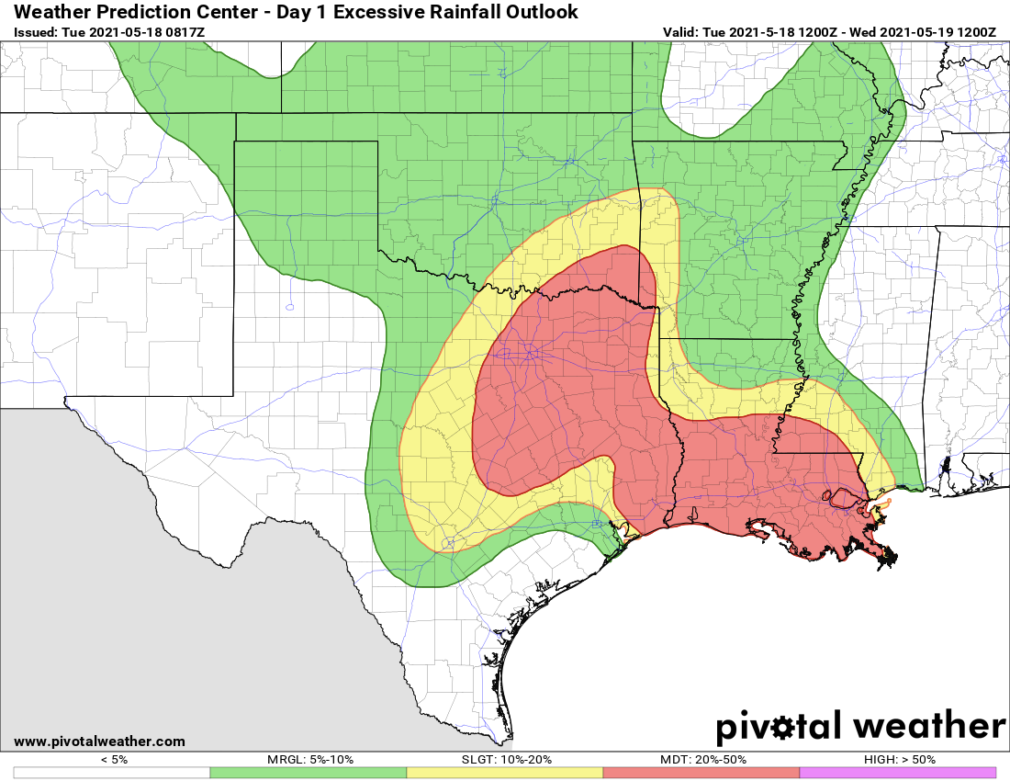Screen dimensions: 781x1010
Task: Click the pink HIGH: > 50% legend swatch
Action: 897,773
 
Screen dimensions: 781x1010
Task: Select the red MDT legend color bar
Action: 701,773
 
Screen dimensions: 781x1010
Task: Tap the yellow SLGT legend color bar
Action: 504,773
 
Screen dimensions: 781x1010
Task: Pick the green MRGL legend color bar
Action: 308,773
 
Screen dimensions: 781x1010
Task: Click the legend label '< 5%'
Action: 112,760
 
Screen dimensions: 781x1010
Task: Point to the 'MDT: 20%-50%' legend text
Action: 701,760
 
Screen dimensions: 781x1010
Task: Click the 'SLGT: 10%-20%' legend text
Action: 505,760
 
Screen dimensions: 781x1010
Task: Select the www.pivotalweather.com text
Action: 99,741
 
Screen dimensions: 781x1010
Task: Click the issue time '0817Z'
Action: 185,32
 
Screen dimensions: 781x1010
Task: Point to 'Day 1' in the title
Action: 301,12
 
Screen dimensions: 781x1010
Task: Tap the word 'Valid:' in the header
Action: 680,32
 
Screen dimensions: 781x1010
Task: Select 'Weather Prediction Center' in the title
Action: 129,12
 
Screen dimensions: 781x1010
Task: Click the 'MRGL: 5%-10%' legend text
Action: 309,760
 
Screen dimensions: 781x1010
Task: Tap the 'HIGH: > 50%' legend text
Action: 898,760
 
